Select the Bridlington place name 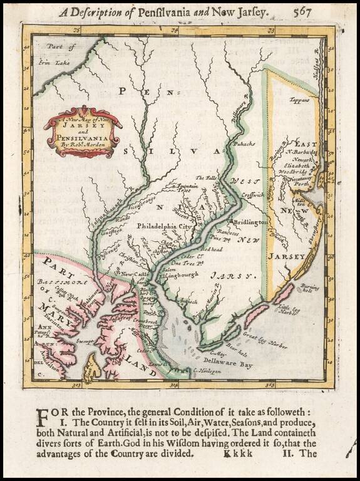250,222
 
